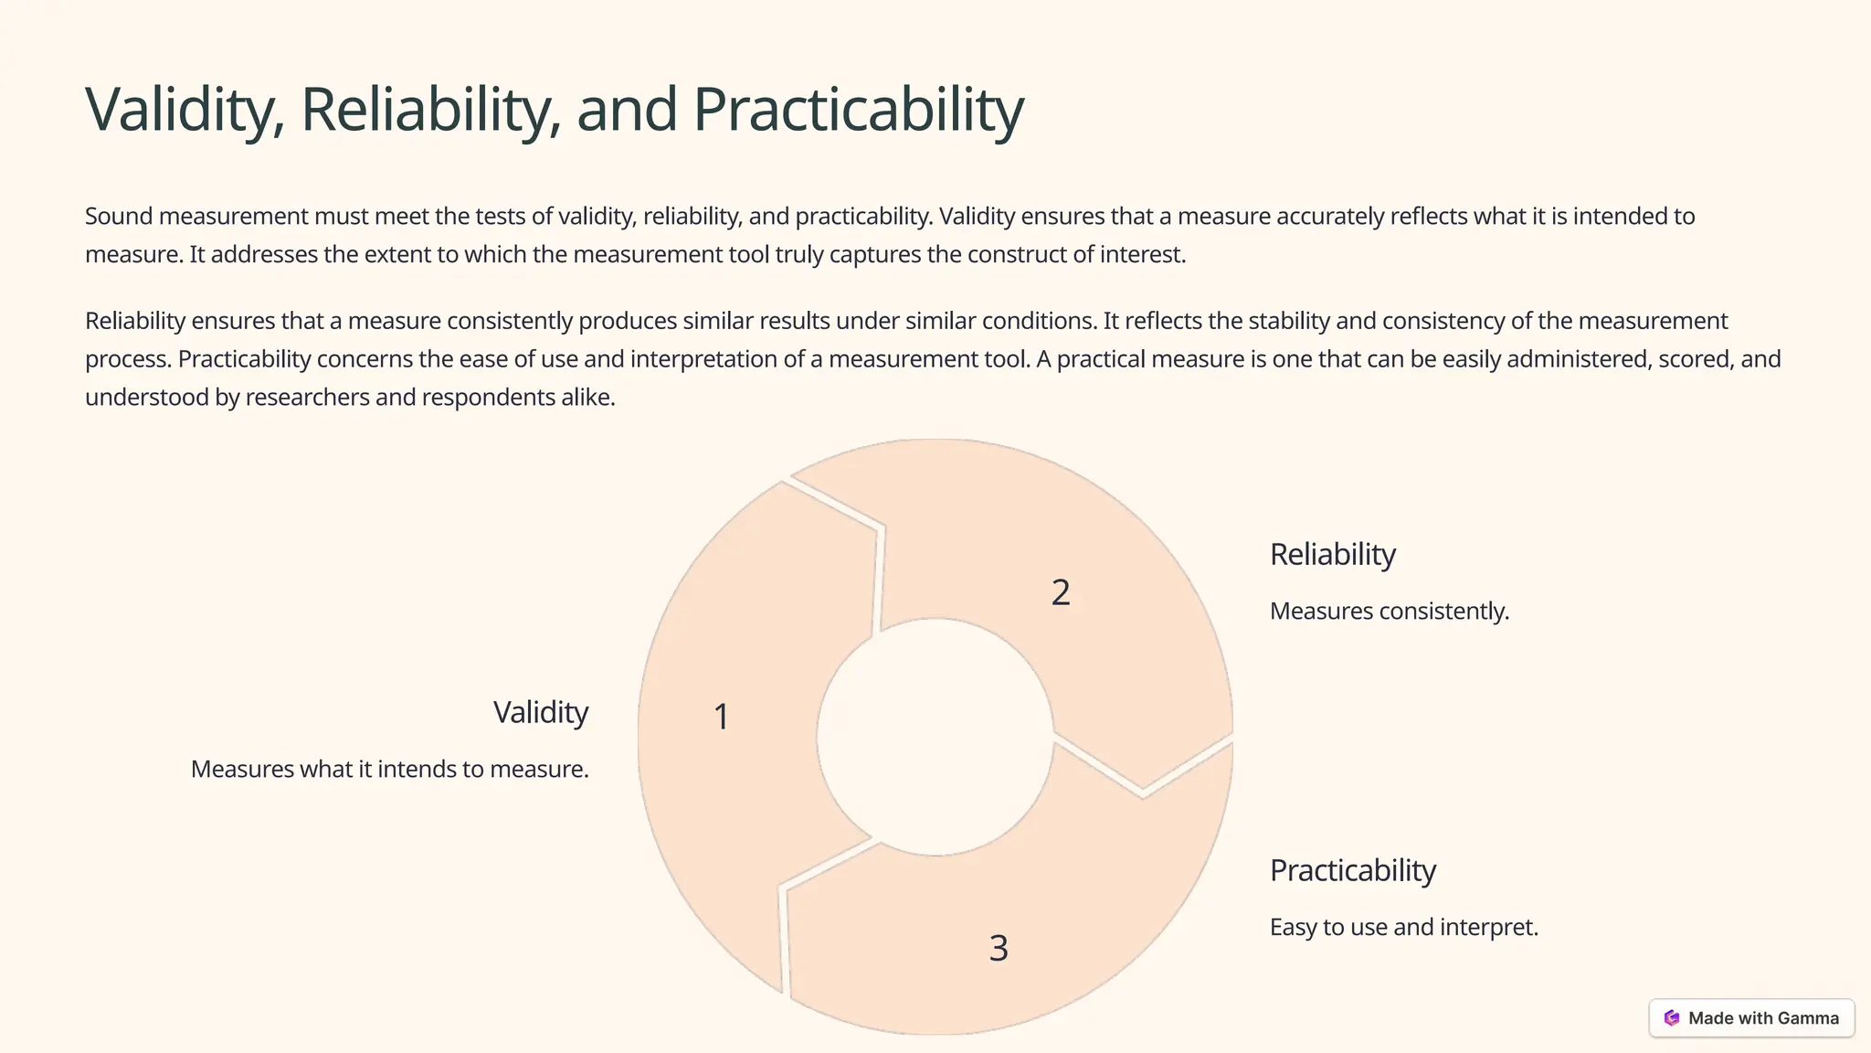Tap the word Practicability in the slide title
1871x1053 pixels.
coord(858,110)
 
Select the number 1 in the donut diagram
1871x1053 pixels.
coord(721,717)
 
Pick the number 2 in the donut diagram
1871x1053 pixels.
coord(1060,593)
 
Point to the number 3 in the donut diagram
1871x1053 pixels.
coord(999,949)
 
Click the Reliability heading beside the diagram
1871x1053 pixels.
coord(1332,555)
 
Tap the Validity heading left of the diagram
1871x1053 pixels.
coord(541,713)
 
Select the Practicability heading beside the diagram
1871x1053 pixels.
coord(1352,871)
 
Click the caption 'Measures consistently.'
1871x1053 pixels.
coord(1389,612)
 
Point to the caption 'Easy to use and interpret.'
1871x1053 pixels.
coord(1403,928)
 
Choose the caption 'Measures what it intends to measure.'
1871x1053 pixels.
coord(389,770)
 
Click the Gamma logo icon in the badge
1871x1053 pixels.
coord(1671,1018)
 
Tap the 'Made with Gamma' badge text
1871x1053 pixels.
coord(1763,1018)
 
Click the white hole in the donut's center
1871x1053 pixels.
coord(935,737)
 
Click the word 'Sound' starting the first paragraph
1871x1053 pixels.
coord(119,217)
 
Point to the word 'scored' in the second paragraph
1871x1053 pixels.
coord(1695,359)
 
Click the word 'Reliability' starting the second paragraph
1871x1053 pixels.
coord(135,322)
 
